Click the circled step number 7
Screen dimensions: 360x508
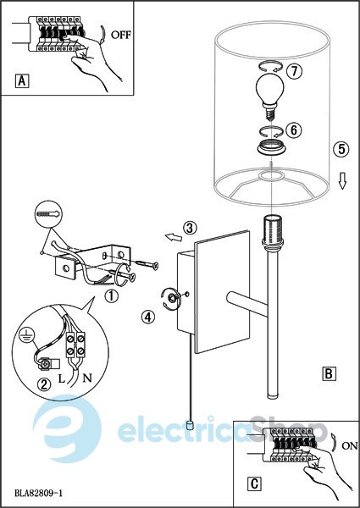click(x=294, y=71)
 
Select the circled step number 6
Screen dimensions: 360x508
click(x=294, y=130)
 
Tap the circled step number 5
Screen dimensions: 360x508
click(x=341, y=149)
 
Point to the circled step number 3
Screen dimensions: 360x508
click(x=190, y=228)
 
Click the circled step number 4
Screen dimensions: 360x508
click(x=147, y=317)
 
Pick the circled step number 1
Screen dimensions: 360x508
click(x=111, y=295)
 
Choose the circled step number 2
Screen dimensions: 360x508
click(x=44, y=384)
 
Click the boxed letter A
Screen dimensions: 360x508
click(x=22, y=80)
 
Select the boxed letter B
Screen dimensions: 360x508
click(x=329, y=373)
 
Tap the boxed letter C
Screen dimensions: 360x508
click(x=254, y=483)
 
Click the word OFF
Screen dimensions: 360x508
click(x=121, y=35)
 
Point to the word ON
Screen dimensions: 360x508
click(x=350, y=446)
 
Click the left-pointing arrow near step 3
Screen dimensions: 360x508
click(x=174, y=237)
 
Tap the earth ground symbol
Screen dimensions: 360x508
click(x=24, y=335)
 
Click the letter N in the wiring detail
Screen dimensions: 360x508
click(x=87, y=378)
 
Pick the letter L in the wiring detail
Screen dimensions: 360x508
click(x=62, y=378)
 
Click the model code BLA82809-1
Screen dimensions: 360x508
click(x=39, y=493)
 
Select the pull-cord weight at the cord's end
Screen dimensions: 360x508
click(x=191, y=425)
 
